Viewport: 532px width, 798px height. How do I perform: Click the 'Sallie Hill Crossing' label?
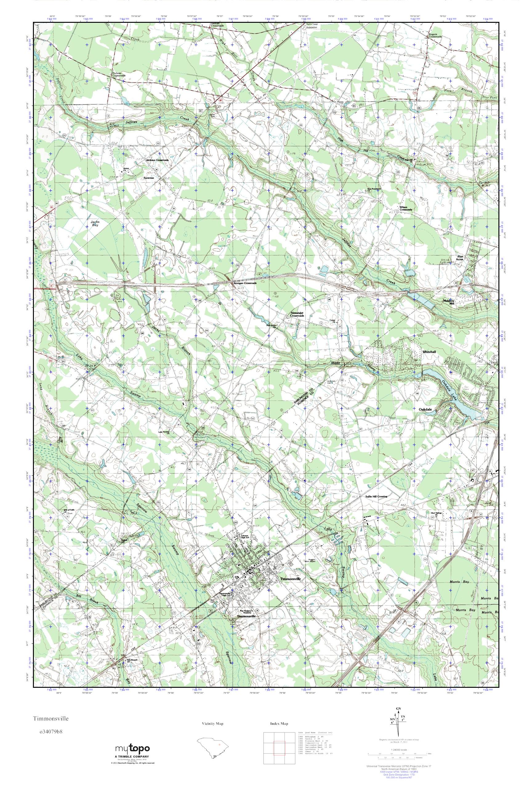coord(376,496)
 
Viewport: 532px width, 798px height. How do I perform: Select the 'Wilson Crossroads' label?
coord(405,208)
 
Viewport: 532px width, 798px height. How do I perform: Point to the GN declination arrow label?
coord(399,715)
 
